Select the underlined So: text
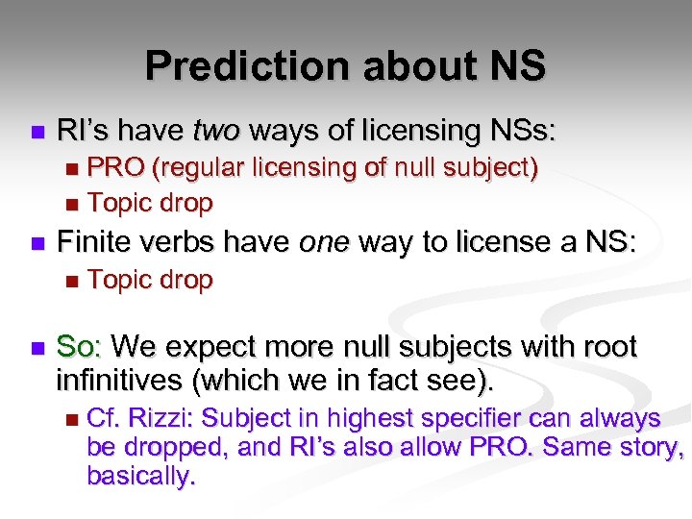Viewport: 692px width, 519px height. (81, 346)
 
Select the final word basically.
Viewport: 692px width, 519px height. (141, 475)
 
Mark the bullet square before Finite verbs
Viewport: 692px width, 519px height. (37, 245)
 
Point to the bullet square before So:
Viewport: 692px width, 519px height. (37, 347)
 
